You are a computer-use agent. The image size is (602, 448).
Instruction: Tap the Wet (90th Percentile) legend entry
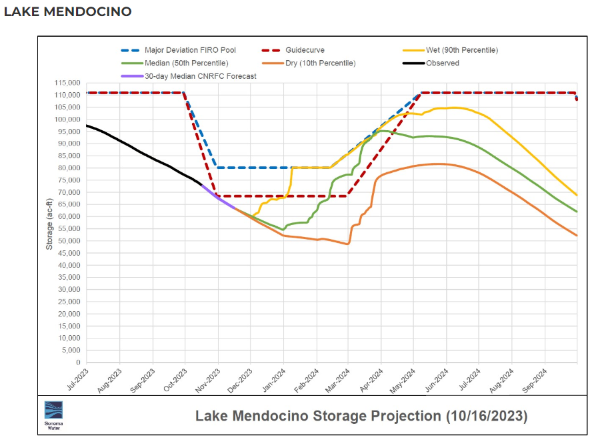461,50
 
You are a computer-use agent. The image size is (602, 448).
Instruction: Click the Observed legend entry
443,63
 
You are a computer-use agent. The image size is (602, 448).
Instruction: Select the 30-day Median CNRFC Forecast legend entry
201,76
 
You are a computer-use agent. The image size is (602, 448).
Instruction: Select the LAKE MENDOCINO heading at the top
68,12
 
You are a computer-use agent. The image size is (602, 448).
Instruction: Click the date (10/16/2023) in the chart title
485,416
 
